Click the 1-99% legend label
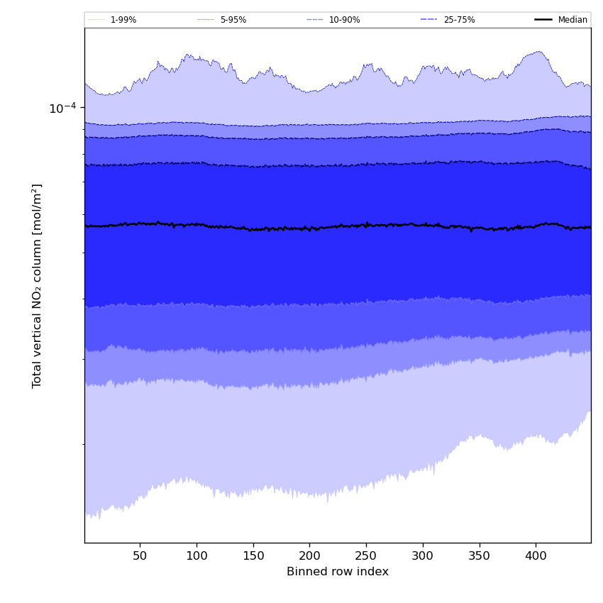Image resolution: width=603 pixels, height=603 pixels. click(x=123, y=20)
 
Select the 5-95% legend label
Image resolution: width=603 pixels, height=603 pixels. click(x=233, y=20)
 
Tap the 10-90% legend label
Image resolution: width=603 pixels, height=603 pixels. click(x=344, y=20)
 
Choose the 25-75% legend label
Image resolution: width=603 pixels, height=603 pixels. click(x=459, y=20)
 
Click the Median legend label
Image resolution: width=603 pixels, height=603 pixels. click(x=572, y=20)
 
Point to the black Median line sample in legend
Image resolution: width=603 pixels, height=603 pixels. click(x=543, y=20)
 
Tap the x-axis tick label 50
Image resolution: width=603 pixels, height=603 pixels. click(x=140, y=555)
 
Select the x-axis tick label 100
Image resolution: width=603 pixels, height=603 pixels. click(x=197, y=555)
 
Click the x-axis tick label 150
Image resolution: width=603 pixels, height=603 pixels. click(x=253, y=555)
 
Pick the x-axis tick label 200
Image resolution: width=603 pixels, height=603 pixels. click(x=309, y=555)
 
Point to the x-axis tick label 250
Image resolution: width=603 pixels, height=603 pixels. click(x=366, y=555)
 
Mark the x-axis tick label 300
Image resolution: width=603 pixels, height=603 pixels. click(x=423, y=555)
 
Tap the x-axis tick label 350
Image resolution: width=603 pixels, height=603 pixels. click(x=479, y=555)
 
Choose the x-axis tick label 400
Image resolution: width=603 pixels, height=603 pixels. click(x=536, y=555)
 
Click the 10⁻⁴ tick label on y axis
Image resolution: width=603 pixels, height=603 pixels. click(x=62, y=108)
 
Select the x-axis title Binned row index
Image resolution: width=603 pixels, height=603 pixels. click(x=338, y=572)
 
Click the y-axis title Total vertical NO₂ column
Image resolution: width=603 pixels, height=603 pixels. click(x=38, y=285)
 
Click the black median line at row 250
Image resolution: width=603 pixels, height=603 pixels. click(x=366, y=225)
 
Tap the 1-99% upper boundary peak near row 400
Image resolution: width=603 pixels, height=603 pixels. click(x=538, y=52)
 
